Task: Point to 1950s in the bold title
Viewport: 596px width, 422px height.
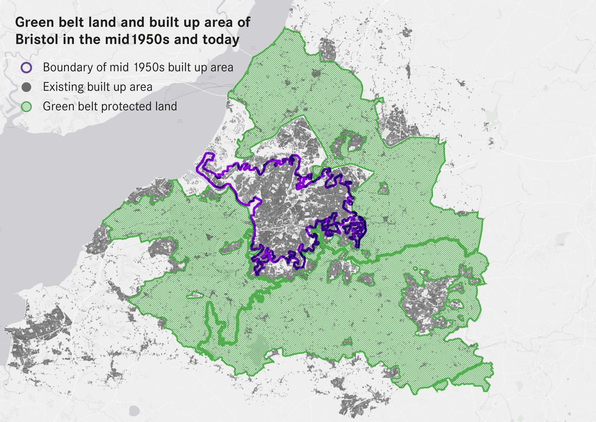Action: point(149,39)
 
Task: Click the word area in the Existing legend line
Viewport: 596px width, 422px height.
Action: point(141,87)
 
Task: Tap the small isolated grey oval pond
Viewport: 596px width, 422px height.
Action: point(133,411)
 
